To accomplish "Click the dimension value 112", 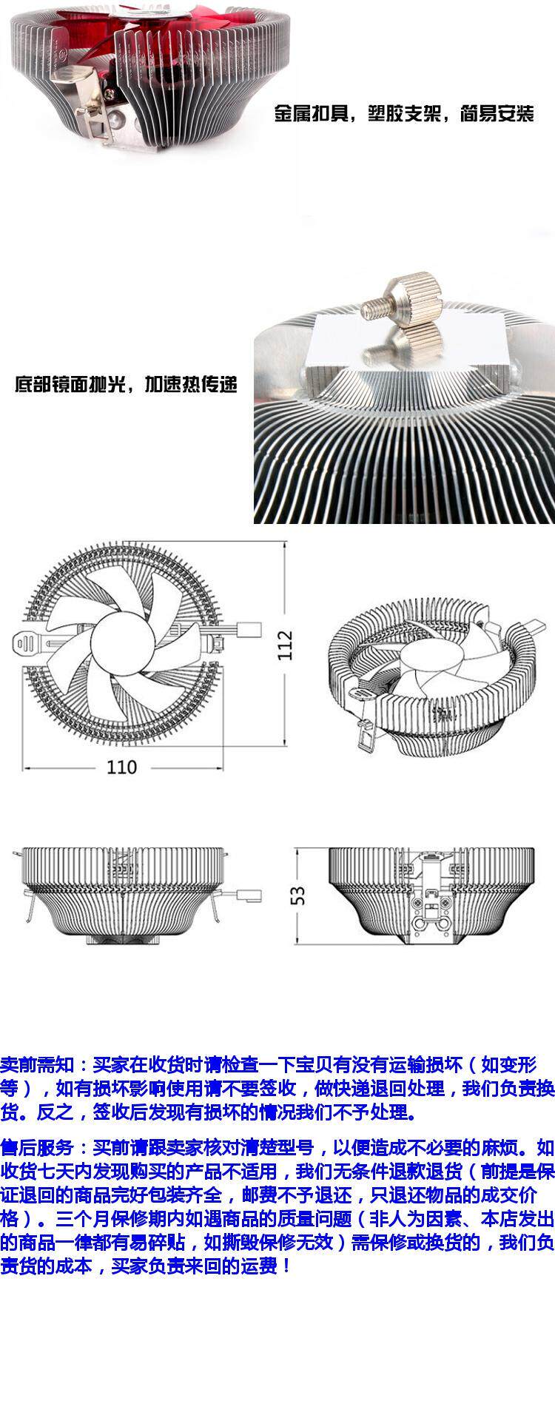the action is pos(286,644).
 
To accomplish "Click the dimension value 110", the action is pos(121,767).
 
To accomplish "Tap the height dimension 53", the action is pos(297,895).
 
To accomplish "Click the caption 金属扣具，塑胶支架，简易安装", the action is pos(404,115).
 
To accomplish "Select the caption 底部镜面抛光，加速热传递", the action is pos(126,385).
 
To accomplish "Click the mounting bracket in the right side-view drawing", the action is pos(432,896).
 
